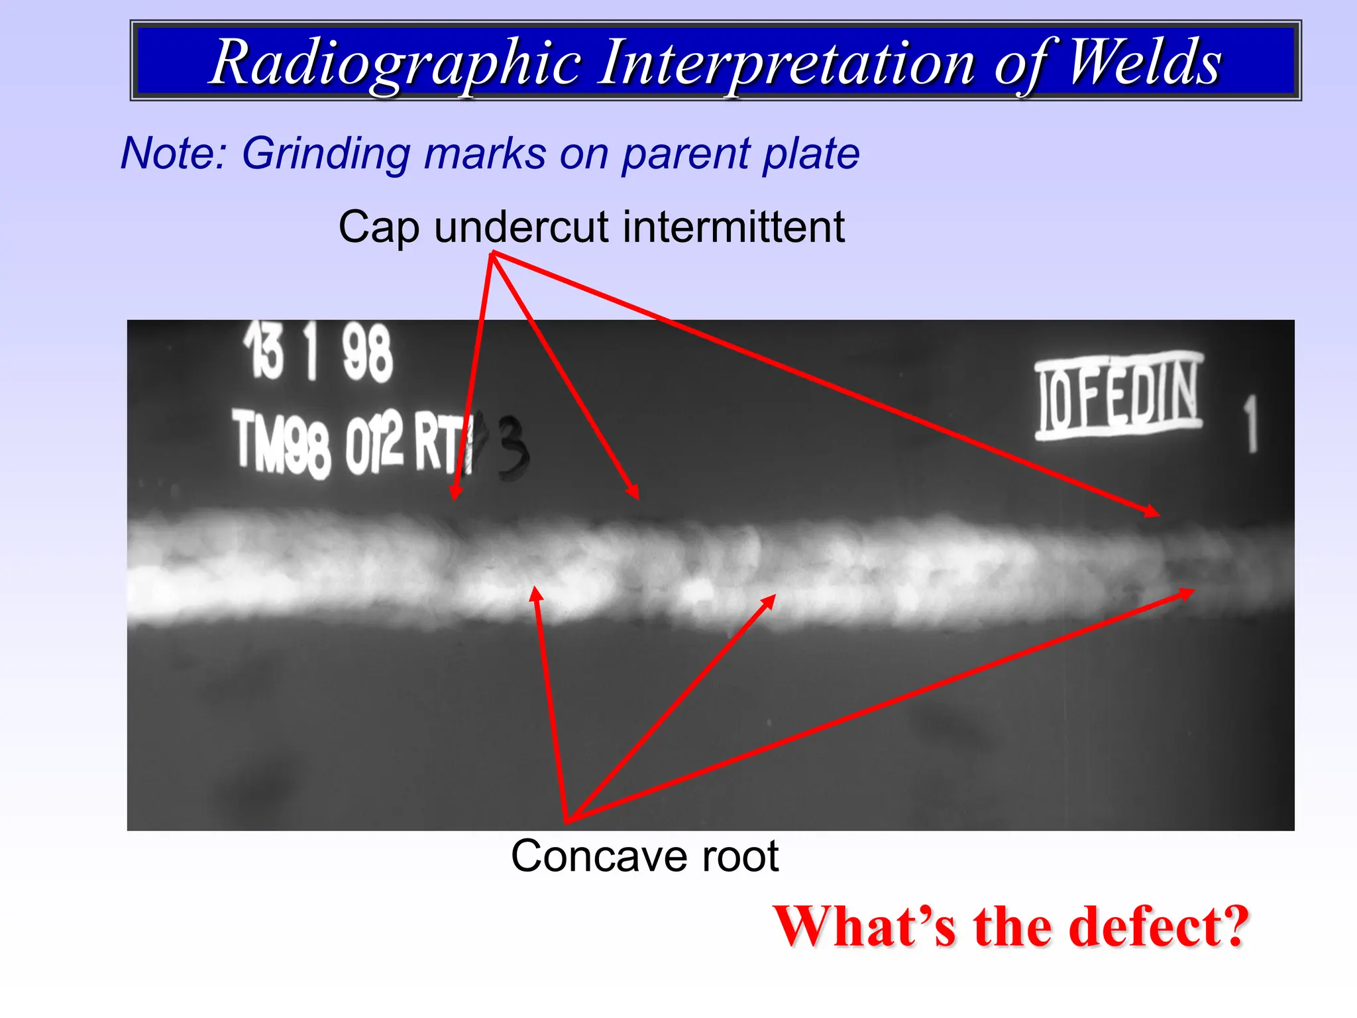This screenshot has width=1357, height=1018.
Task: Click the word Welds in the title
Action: [1144, 63]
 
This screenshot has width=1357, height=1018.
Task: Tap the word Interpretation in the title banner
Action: [786, 63]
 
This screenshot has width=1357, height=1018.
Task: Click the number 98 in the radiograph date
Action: [367, 355]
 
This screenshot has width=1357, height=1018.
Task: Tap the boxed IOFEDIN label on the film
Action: [1118, 396]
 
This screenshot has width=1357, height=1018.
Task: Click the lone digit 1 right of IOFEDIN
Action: [1250, 424]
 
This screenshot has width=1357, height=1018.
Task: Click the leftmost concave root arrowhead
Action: [535, 589]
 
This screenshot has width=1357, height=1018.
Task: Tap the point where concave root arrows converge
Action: [567, 820]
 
